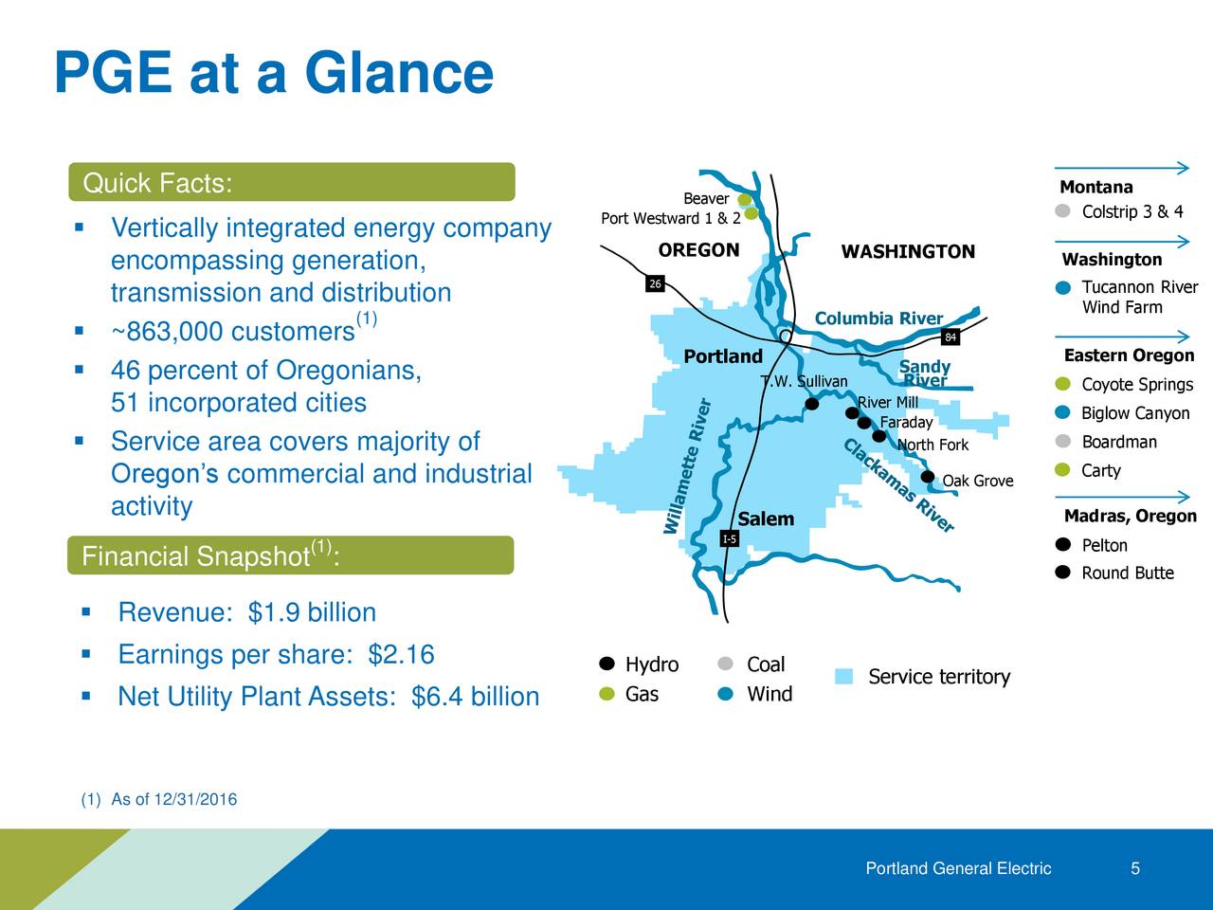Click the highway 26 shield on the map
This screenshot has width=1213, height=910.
(655, 283)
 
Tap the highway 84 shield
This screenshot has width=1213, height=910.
(950, 337)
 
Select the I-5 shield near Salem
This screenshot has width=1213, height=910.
(730, 538)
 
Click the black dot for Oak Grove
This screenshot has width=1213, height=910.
(928, 477)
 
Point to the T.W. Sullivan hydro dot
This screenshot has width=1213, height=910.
(812, 404)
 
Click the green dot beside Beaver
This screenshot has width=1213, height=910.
(745, 199)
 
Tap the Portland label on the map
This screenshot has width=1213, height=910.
(723, 356)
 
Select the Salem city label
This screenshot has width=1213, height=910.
(766, 519)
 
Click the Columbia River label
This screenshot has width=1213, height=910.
(878, 318)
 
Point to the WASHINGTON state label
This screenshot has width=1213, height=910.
(908, 252)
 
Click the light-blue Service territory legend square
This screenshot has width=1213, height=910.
(843, 676)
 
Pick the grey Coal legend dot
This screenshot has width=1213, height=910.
(725, 664)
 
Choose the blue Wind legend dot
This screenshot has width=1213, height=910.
(725, 694)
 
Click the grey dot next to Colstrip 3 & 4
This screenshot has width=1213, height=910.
(1062, 211)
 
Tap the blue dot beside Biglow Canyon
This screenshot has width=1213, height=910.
(1062, 412)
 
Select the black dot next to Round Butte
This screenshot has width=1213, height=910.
(1062, 572)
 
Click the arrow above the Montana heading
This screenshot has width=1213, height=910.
(1122, 168)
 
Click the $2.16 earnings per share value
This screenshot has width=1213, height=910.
(401, 654)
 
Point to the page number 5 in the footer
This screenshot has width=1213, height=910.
(1135, 868)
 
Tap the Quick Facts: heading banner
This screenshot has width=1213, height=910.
(292, 182)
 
